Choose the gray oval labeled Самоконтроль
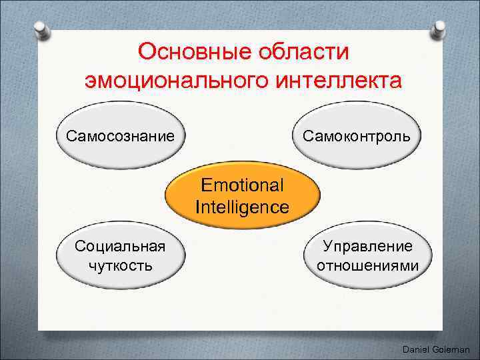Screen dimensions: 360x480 (x=361, y=137)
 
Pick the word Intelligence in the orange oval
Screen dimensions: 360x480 (x=242, y=207)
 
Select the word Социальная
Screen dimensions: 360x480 (x=120, y=246)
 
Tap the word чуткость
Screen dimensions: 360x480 (x=120, y=265)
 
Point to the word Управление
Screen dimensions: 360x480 (x=367, y=246)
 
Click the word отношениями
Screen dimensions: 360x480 (x=367, y=265)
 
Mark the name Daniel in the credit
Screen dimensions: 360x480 (x=417, y=349)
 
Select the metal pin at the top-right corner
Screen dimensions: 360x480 (x=440, y=28)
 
